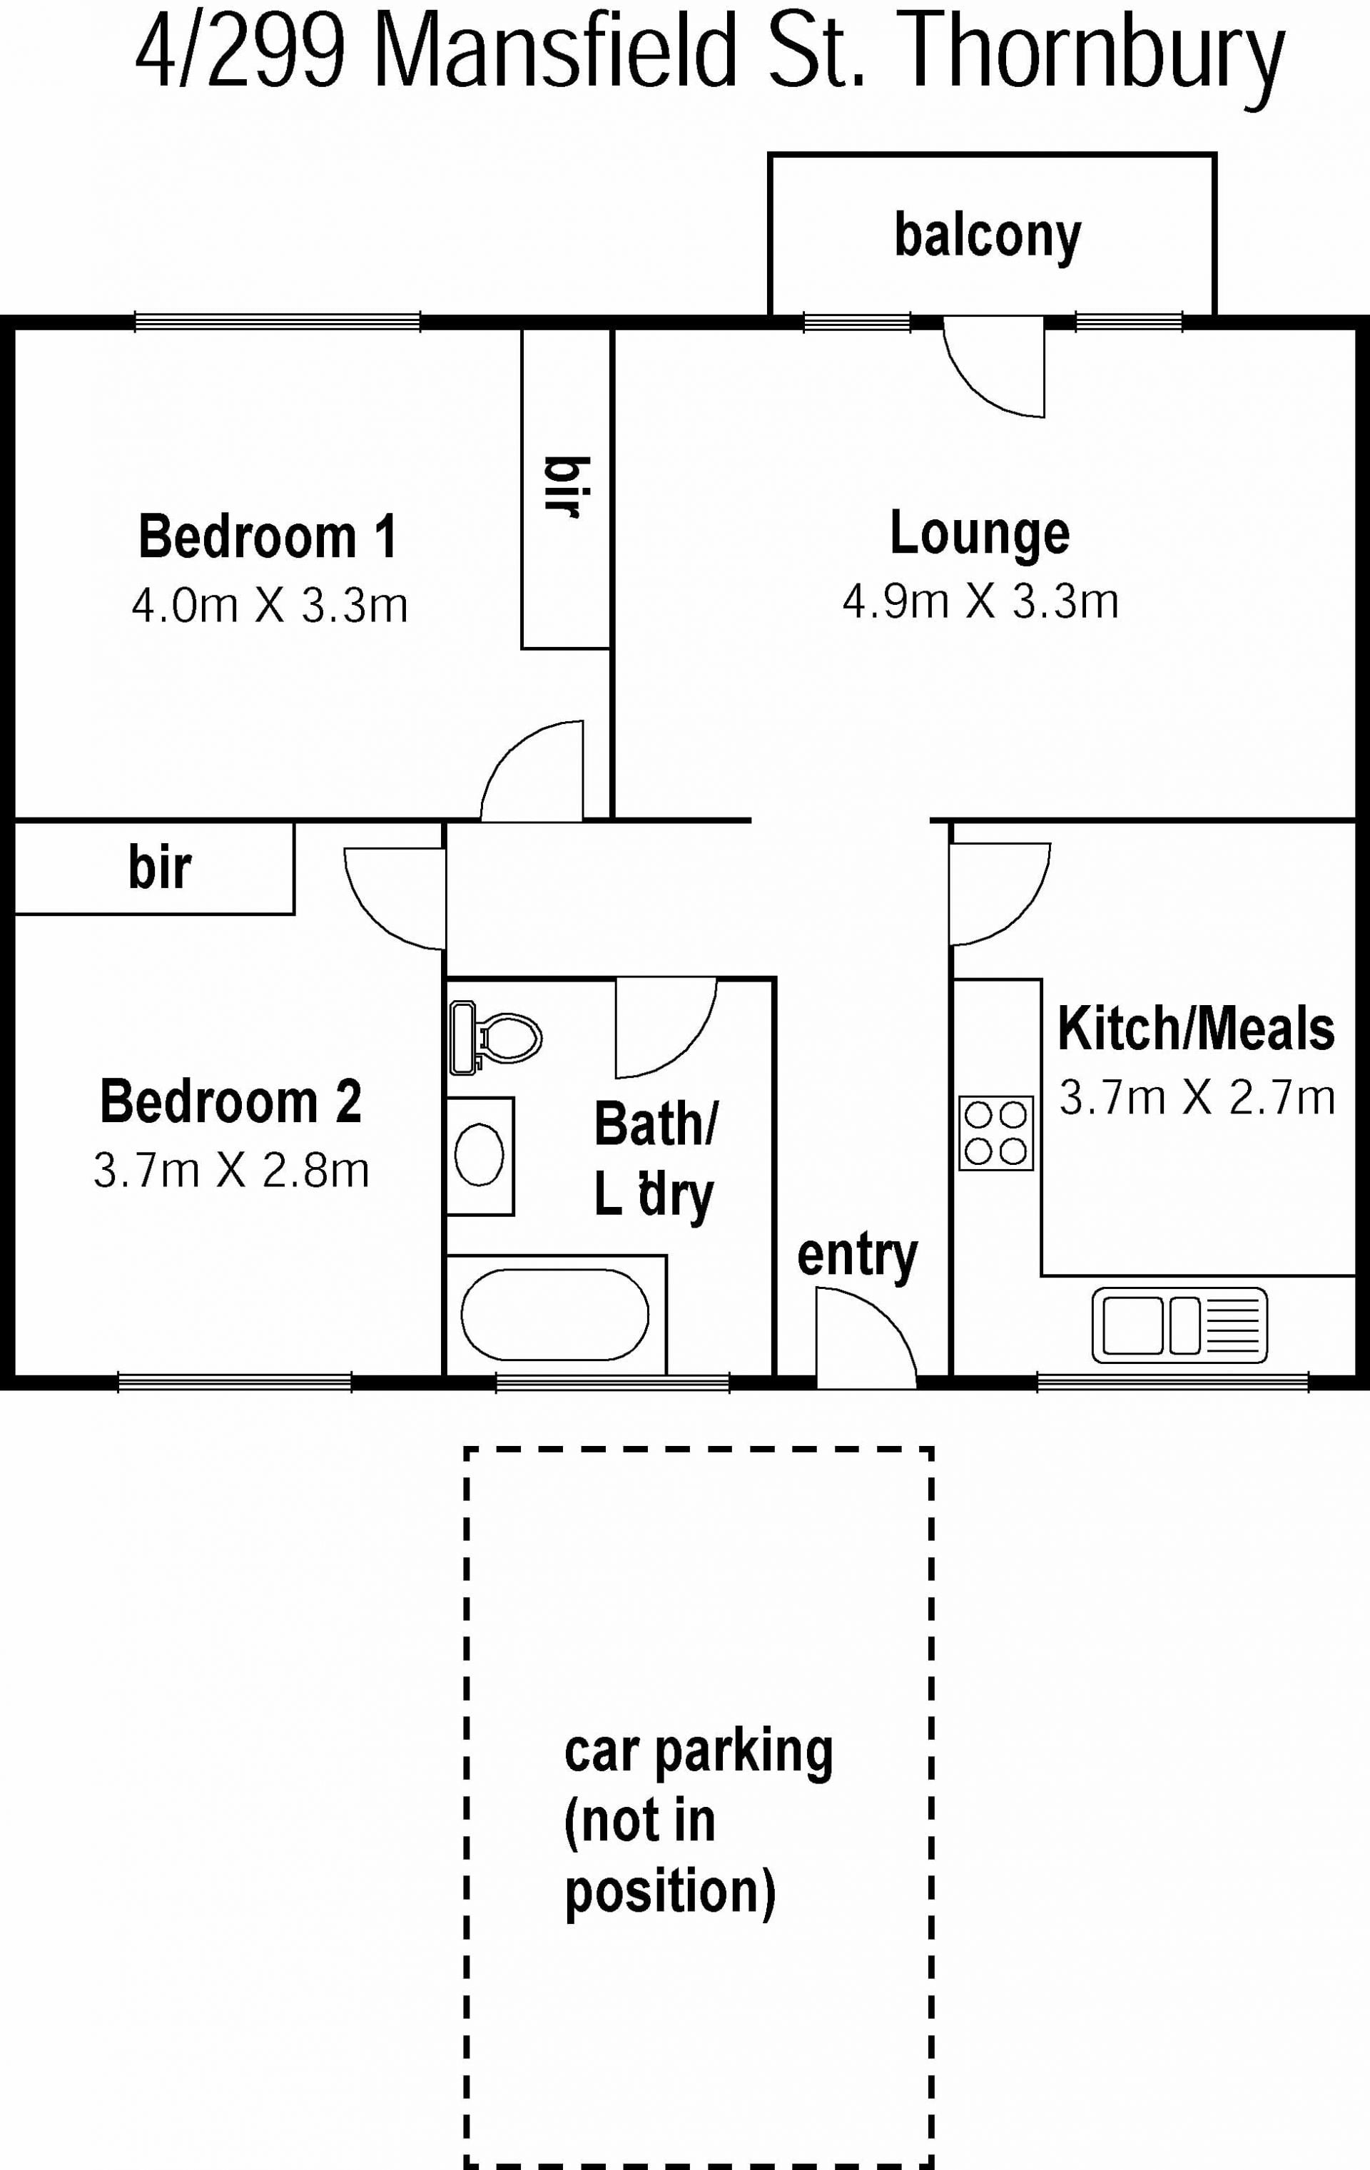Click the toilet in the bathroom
click(494, 1038)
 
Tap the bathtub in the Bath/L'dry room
click(554, 1315)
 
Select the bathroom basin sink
click(479, 1156)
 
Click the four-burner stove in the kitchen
click(996, 1133)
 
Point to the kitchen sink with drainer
click(1179, 1325)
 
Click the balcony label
click(988, 236)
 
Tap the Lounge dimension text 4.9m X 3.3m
click(980, 601)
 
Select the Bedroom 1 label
click(268, 537)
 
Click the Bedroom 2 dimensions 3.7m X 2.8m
click(232, 1171)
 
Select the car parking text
click(699, 1753)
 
